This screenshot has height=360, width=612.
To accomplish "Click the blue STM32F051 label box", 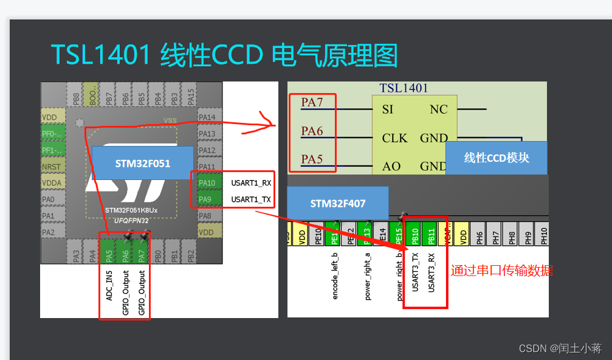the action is (143, 164).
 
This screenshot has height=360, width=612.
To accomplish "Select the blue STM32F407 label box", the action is (338, 204).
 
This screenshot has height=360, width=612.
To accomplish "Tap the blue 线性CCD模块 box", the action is (497, 158).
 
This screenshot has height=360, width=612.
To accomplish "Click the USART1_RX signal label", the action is (250, 182).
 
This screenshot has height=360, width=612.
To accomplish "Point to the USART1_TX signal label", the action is (250, 199).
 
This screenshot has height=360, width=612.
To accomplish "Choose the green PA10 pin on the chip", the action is (207, 182).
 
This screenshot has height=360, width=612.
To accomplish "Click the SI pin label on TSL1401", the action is (388, 110).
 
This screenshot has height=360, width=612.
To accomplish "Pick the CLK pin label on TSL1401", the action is (394, 138).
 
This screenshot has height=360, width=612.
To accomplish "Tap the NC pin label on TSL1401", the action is (438, 110).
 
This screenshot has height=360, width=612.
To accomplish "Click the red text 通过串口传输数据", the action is (501, 271).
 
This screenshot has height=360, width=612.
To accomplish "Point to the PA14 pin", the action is (207, 117).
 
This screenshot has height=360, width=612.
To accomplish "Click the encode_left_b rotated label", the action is (335, 277).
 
